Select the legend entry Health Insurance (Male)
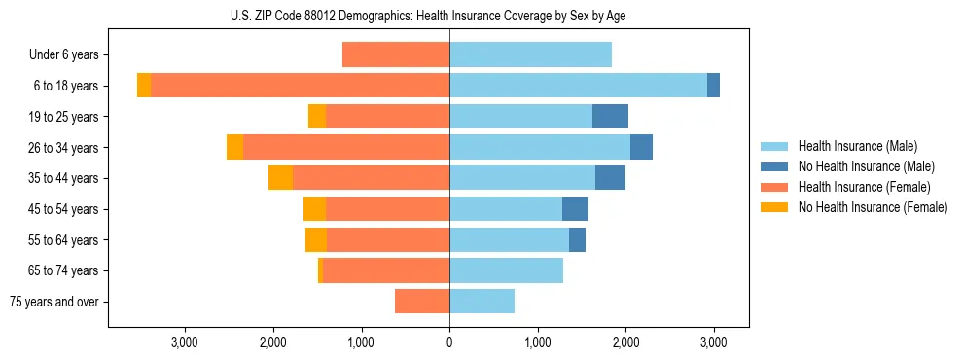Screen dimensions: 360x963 click(x=857, y=146)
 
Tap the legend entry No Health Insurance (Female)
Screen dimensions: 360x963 click(x=873, y=207)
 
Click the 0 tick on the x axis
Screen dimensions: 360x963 click(x=449, y=342)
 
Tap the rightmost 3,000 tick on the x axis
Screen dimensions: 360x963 click(x=714, y=342)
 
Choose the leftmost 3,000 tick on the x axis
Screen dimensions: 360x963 click(x=185, y=342)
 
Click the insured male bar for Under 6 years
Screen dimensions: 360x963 click(x=530, y=55)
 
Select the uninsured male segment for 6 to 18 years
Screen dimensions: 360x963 click(x=713, y=86)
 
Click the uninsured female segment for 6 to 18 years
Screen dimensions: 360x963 click(x=144, y=86)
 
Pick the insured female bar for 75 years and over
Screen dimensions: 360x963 click(x=422, y=302)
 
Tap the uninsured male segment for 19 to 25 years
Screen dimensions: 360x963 click(x=610, y=117)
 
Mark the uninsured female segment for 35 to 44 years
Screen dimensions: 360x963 click(x=280, y=178)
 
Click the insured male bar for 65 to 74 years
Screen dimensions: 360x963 click(x=506, y=270)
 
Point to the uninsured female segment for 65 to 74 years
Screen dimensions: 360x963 click(x=320, y=270)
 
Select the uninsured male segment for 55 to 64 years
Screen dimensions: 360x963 click(x=577, y=239)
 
